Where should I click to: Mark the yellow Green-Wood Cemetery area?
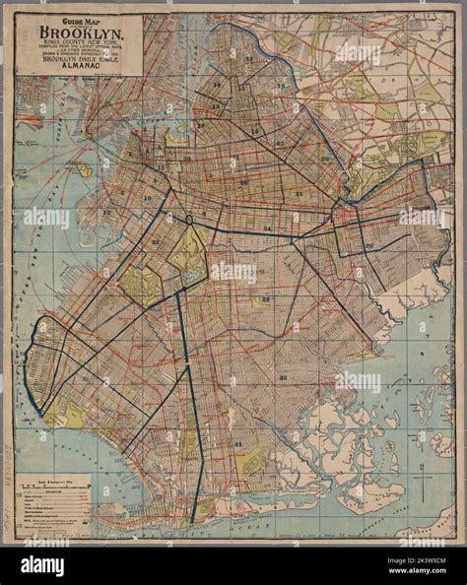(x=141, y=285)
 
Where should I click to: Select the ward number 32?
(x=283, y=377)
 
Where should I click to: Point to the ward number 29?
(x=265, y=299)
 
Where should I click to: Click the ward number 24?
(x=267, y=227)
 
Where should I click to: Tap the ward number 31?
(x=237, y=444)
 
